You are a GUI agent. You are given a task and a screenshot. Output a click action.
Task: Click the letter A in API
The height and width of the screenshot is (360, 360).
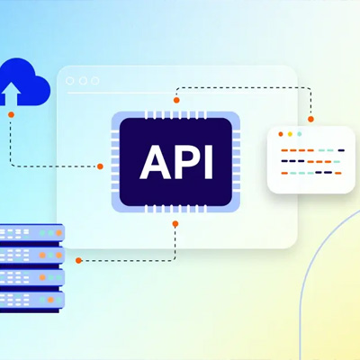point(155,162)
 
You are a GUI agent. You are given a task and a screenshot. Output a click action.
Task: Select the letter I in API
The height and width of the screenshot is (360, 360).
point(209,162)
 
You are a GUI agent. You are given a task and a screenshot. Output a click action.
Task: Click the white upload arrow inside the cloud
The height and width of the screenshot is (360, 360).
point(11,94)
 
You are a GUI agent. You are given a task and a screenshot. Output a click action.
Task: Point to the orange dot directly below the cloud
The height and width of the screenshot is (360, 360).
point(11,114)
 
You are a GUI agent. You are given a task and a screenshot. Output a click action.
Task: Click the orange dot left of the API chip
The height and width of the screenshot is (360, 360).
point(100,166)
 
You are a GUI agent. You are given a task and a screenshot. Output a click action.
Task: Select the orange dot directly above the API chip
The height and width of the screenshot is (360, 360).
point(176,100)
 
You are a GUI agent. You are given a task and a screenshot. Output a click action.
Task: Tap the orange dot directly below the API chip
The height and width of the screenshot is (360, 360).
point(175,224)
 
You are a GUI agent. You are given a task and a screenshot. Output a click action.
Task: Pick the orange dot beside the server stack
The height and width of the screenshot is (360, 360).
point(78,260)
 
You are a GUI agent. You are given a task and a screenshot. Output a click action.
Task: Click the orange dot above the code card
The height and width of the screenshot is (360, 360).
point(310,119)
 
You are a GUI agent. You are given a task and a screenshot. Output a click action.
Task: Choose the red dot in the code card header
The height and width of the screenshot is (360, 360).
point(281,134)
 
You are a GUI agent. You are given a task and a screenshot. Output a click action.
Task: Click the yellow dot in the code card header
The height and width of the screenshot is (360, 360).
point(290,134)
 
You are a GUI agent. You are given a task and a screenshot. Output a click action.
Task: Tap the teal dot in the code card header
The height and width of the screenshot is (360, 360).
point(299,134)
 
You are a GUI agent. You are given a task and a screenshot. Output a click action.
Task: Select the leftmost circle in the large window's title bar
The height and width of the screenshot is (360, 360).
point(69,81)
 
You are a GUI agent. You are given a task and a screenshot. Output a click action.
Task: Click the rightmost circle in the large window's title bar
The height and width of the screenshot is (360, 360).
point(95,81)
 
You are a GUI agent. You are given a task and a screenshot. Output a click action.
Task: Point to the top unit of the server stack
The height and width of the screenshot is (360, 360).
point(31,233)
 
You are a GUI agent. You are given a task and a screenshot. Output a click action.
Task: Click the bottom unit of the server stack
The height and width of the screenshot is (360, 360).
point(31,300)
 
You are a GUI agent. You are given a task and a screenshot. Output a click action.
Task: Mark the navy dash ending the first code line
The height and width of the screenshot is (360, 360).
point(341,150)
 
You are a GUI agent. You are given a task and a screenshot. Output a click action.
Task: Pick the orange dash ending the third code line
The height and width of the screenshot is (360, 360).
point(338,173)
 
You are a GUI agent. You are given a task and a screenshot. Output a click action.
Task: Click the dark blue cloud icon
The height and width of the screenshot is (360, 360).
point(24,83)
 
